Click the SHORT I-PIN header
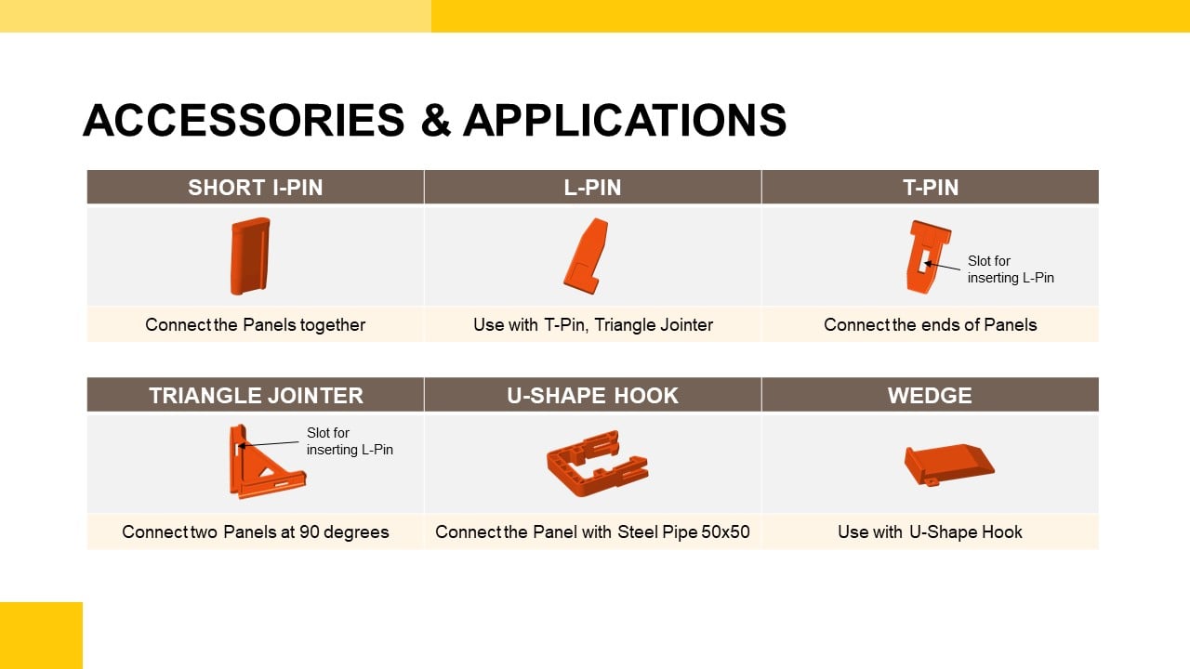tap(256, 188)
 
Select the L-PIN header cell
tap(593, 188)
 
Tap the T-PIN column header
tap(931, 188)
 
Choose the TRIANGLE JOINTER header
tap(256, 395)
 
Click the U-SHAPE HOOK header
tap(593, 395)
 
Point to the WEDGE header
tap(931, 395)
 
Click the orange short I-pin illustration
tap(250, 256)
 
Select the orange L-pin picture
tap(587, 256)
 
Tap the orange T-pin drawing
tap(928, 256)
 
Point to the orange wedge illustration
tap(949, 465)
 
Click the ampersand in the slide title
tap(436, 121)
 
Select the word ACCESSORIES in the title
tap(244, 121)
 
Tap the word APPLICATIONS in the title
tap(624, 121)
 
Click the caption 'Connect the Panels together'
tap(255, 324)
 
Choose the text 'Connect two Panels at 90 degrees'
tap(255, 531)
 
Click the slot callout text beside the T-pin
tap(1011, 269)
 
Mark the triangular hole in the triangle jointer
tap(266, 471)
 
